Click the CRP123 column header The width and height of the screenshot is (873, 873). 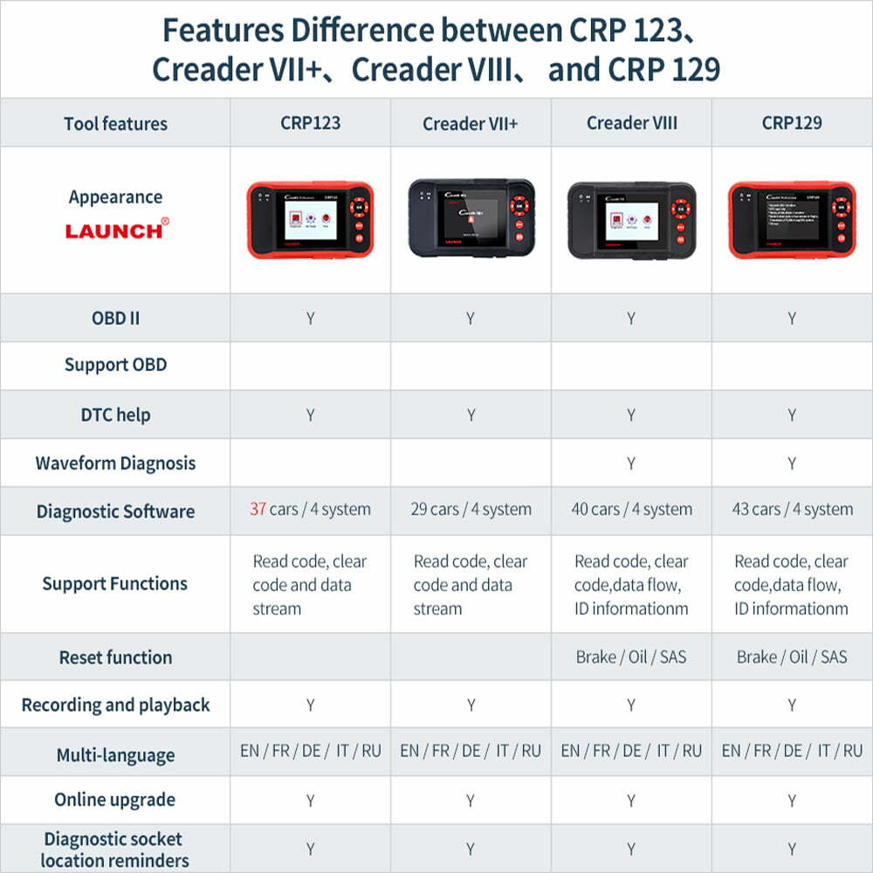pyautogui.click(x=310, y=123)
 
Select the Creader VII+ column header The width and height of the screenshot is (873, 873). pyautogui.click(x=471, y=124)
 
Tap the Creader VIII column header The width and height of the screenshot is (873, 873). pyautogui.click(x=631, y=123)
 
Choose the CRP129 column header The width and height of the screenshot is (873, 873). pyautogui.click(x=792, y=123)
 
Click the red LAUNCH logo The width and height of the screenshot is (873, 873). pyautogui.click(x=115, y=230)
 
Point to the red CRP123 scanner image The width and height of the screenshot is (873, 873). pyautogui.click(x=310, y=219)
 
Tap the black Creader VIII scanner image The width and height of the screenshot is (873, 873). pyautogui.click(x=631, y=220)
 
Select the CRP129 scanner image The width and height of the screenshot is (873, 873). pyautogui.click(x=792, y=219)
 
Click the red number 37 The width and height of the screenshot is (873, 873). pyautogui.click(x=258, y=509)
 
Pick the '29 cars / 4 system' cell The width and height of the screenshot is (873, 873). pyautogui.click(x=471, y=509)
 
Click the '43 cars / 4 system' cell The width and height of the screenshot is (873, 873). pyautogui.click(x=792, y=509)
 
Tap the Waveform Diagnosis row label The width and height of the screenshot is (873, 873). pyautogui.click(x=115, y=463)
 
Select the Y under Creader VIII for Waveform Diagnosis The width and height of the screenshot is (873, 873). pyautogui.click(x=631, y=464)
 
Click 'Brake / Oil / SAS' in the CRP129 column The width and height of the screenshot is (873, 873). pyautogui.click(x=792, y=656)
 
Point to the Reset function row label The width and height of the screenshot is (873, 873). pyautogui.click(x=115, y=657)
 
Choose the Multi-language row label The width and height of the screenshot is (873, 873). pyautogui.click(x=115, y=755)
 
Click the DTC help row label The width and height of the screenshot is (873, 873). pyautogui.click(x=115, y=415)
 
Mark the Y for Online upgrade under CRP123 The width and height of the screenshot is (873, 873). pyautogui.click(x=310, y=801)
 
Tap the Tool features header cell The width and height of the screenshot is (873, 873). pyautogui.click(x=115, y=123)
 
